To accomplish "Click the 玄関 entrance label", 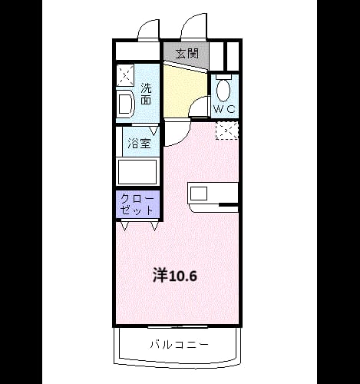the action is [187, 54].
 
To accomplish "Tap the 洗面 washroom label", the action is [147, 94].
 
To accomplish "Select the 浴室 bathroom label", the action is [139, 144].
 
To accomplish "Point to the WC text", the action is [224, 109].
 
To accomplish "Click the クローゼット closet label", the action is [137, 204].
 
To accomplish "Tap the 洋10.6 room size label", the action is [175, 275].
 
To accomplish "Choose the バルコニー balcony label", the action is [179, 344].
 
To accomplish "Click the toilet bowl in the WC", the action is [223, 90].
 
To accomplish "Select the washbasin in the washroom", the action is [126, 104].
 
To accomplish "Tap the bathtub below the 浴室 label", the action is [137, 172].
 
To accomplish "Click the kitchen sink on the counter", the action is [199, 194].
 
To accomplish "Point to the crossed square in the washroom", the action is [125, 75].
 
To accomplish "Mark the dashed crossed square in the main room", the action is [227, 131].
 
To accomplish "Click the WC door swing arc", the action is [197, 103].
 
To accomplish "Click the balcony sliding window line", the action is [178, 327].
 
